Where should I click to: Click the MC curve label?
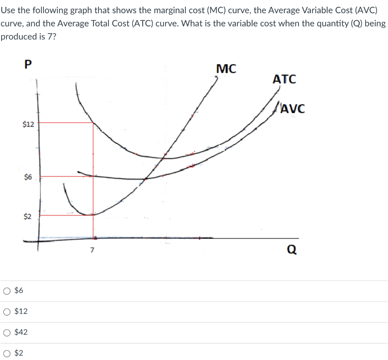tap(226, 69)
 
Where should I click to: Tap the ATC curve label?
tap(284, 80)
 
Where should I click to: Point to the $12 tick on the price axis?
tap(28, 124)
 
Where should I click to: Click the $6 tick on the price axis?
tap(28, 177)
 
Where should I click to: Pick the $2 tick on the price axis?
tap(28, 217)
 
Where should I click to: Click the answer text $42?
tap(21, 332)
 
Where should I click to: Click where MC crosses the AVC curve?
tap(145, 179)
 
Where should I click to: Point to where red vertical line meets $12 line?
tap(93, 123)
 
